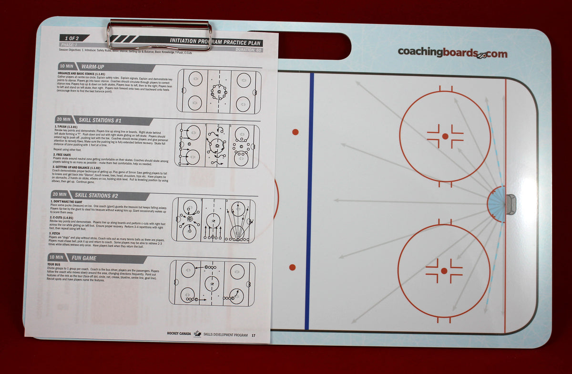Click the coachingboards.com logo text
[x=452, y=53]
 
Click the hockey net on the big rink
[x=511, y=204]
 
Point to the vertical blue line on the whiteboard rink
[x=310, y=200]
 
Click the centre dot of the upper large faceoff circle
[x=445, y=136]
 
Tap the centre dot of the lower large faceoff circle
[x=444, y=271]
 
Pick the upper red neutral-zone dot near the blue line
[x=295, y=132]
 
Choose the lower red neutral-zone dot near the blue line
[x=293, y=268]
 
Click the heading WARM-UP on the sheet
[x=93, y=66]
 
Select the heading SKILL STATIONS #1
[x=101, y=121]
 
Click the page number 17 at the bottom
[x=254, y=335]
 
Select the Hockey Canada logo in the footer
[x=197, y=334]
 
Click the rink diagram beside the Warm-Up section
[x=219, y=91]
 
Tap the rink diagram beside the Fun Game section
[x=212, y=283]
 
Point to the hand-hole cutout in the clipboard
[x=315, y=45]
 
